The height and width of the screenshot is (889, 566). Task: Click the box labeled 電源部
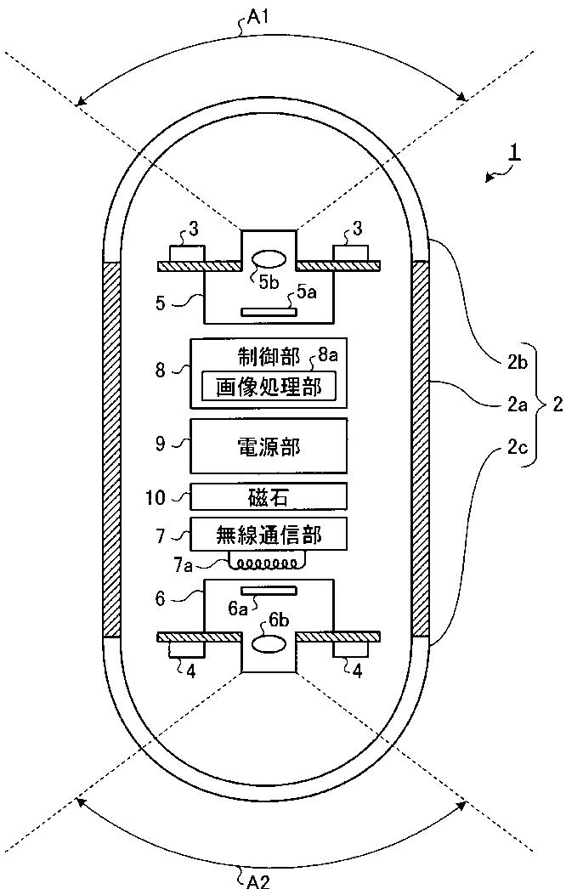[269, 445]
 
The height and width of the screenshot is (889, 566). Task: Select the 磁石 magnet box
[269, 496]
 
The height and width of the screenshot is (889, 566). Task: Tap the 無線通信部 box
[269, 534]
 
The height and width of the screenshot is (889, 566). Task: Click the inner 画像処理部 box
[269, 387]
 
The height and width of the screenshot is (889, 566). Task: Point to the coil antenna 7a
[265, 563]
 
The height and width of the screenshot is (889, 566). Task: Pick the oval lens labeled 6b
[269, 643]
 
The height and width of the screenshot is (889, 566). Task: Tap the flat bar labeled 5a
[269, 312]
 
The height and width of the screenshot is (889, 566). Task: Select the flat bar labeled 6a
[269, 591]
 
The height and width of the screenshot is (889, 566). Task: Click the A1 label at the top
[257, 18]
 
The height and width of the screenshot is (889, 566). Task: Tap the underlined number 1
[513, 155]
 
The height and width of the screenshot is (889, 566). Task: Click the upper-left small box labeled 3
[186, 253]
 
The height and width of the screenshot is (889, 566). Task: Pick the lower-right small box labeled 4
[351, 649]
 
